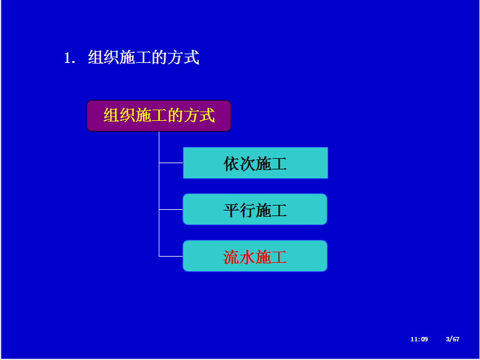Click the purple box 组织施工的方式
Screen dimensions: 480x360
[159, 116]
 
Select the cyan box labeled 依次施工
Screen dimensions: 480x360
[255, 163]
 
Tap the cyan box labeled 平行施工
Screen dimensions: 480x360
[255, 209]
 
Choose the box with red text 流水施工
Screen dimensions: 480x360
[255, 256]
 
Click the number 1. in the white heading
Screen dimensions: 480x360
[70, 58]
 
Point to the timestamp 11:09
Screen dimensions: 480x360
[419, 339]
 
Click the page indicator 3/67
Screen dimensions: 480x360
[453, 339]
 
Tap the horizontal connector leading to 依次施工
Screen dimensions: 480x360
[171, 163]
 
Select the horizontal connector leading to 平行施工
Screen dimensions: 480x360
[171, 209]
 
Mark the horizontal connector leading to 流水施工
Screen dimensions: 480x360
[171, 256]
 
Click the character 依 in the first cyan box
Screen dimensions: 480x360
[231, 164]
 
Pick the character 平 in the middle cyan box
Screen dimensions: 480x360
[231, 210]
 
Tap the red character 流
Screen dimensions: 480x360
[231, 257]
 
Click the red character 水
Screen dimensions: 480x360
[247, 257]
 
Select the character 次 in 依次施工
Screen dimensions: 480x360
[247, 164]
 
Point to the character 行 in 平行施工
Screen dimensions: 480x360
[247, 210]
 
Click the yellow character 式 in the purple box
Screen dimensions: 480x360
[207, 115]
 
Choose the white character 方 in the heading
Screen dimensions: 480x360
[176, 57]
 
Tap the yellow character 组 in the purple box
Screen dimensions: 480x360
[111, 115]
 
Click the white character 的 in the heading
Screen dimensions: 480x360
[159, 57]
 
